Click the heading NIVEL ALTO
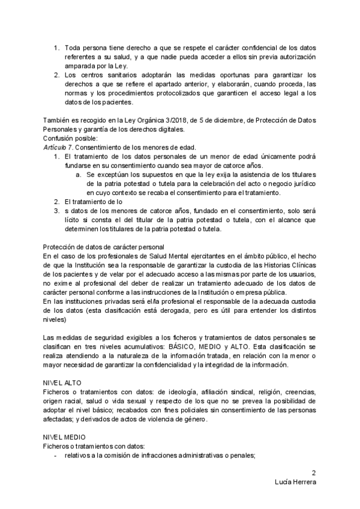[63, 382]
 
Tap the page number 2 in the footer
[313, 472]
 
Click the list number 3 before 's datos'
[56, 211]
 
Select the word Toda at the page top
[73, 47]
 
